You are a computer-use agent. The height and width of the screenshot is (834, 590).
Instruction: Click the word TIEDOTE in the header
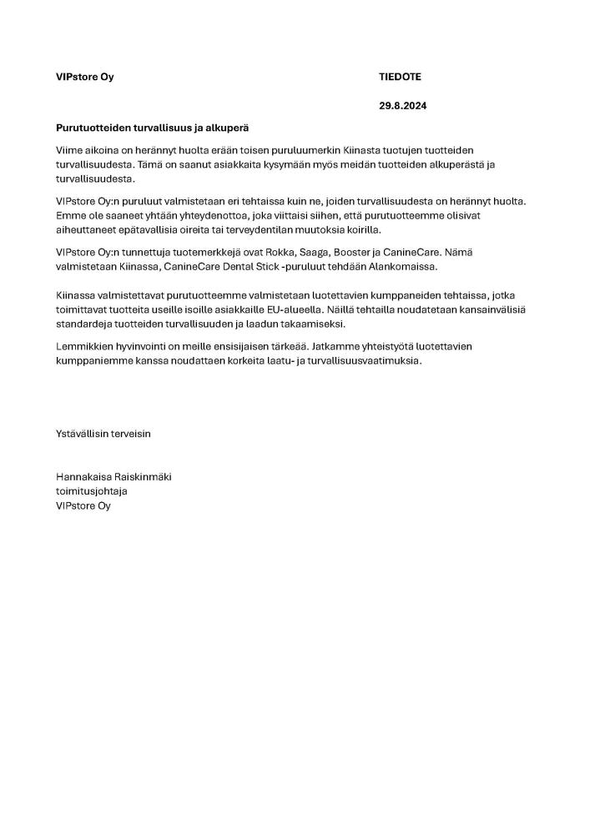click(400, 77)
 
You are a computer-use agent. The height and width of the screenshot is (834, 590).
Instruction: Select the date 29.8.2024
click(402, 107)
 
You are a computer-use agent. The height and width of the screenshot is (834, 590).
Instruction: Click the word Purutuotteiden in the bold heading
click(92, 128)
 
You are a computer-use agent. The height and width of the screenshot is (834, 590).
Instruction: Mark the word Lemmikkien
click(84, 345)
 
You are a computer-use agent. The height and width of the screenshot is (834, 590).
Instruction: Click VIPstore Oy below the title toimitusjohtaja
click(83, 506)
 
